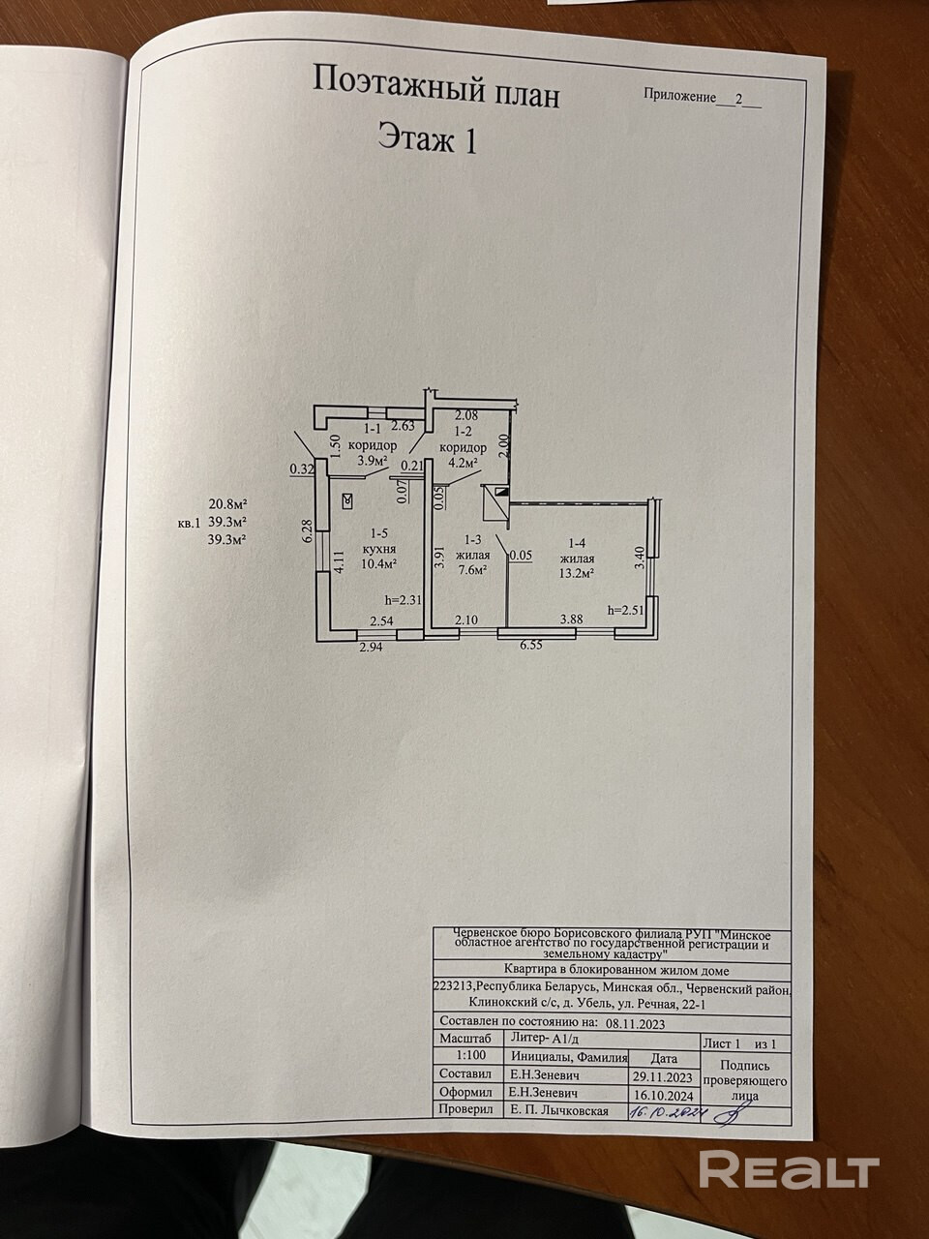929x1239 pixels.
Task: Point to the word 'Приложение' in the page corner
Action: pyautogui.click(x=678, y=98)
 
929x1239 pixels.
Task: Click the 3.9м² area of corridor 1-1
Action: pyautogui.click(x=372, y=461)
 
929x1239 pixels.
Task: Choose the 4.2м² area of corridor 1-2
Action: pyautogui.click(x=463, y=463)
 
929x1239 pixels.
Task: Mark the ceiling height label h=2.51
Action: pyautogui.click(x=625, y=611)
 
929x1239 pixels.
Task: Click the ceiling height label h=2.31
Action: pyautogui.click(x=404, y=600)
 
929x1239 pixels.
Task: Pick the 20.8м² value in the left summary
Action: pyautogui.click(x=228, y=504)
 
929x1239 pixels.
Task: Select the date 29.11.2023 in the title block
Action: pyautogui.click(x=664, y=1075)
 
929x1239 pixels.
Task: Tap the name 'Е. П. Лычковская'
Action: pyautogui.click(x=559, y=1110)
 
